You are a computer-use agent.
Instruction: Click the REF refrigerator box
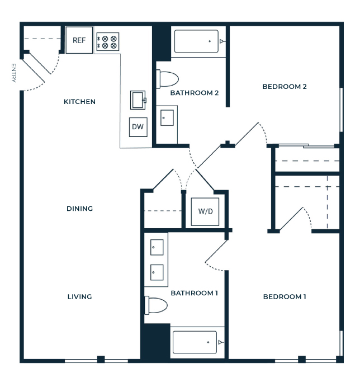tap(79, 40)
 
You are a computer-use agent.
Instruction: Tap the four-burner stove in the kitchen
tap(107, 42)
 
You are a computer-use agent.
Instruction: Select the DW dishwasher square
tap(138, 127)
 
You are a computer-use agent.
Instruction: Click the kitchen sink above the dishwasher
tap(138, 100)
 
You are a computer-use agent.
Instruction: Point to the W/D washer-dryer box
tap(205, 211)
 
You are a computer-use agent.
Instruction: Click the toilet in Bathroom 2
tap(167, 79)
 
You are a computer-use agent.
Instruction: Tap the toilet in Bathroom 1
tap(156, 305)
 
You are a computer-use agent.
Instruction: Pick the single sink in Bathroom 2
tap(167, 118)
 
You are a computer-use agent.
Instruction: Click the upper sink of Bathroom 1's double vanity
tap(157, 247)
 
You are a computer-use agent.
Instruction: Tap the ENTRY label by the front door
tap(13, 73)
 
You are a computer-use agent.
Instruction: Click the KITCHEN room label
tap(79, 102)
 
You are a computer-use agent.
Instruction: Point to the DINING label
tap(80, 209)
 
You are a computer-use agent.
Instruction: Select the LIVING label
tap(80, 296)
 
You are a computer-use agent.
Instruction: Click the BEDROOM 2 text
tap(285, 87)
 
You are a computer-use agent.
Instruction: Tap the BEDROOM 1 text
tap(285, 296)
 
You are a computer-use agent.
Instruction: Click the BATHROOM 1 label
tap(195, 293)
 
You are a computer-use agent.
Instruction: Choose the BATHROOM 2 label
tap(195, 93)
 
